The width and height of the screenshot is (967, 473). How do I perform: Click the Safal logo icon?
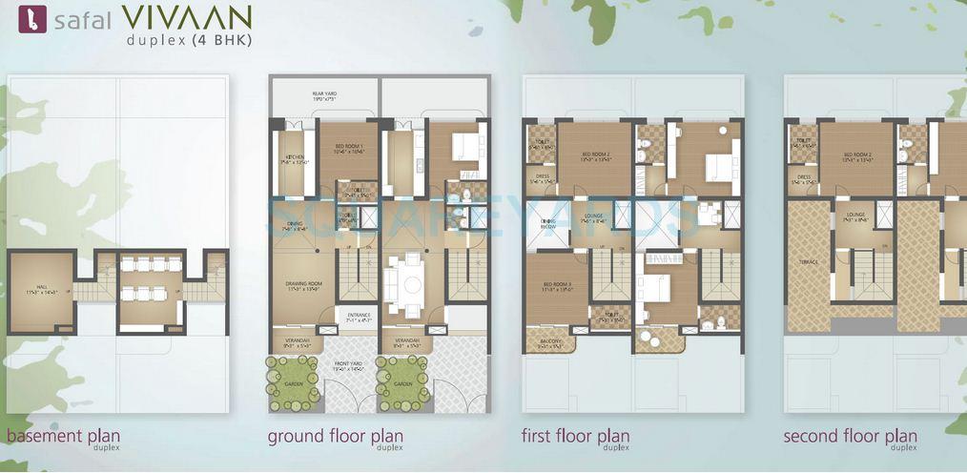point(26,19)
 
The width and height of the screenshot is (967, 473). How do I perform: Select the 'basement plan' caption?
point(63,437)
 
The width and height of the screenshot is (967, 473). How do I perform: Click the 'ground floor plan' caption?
point(335,437)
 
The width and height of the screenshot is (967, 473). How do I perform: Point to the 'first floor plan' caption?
point(575,437)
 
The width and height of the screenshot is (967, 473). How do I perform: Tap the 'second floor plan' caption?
point(850,437)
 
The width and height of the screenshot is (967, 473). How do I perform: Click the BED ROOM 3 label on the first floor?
point(556,286)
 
